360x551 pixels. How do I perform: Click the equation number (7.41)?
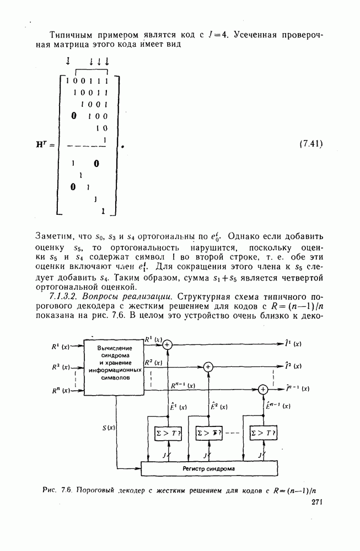tap(310, 144)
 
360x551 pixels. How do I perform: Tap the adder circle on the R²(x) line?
tap(208, 366)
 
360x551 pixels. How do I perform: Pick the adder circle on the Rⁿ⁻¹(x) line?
tap(263, 389)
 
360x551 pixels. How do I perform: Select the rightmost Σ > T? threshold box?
tap(263, 433)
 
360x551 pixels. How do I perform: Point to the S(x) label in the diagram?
tap(109, 428)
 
